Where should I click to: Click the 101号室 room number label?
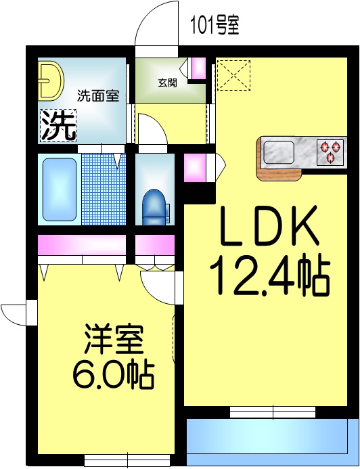[x=214, y=26]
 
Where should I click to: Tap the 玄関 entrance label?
[x=168, y=83]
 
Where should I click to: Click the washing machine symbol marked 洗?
[x=58, y=125]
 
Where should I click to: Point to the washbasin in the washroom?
[x=49, y=81]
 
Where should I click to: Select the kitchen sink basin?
[x=279, y=151]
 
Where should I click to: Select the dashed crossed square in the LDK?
[x=234, y=75]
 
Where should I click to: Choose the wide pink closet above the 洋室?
[x=82, y=245]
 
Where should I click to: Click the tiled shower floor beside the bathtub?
[x=104, y=189]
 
